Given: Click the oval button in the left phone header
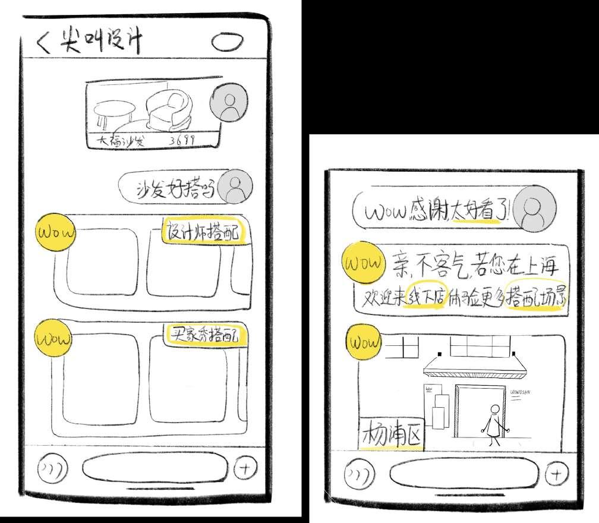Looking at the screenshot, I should tap(227, 42).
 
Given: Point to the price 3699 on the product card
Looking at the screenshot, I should tap(183, 141).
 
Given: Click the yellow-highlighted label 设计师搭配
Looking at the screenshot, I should tap(204, 231).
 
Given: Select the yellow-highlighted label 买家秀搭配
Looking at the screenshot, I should tap(206, 336).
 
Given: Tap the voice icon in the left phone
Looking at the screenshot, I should tap(53, 468).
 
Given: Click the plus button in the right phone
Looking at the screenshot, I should tap(556, 474).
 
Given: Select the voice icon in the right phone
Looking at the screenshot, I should tap(360, 474).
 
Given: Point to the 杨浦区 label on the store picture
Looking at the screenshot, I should tap(392, 435).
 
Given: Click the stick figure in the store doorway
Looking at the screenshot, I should tap(494, 425).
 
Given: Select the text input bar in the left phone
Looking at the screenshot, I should tap(155, 468).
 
